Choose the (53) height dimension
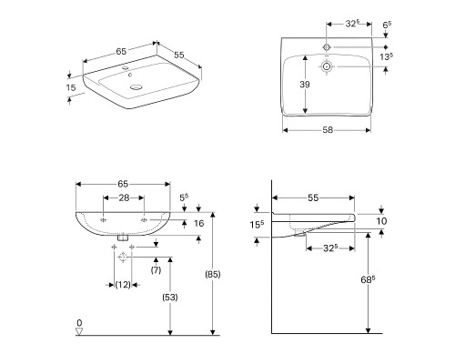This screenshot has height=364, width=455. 170,298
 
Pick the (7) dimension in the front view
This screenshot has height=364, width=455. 155,271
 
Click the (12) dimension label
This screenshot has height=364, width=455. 121,286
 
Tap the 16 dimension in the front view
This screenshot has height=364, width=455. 200,223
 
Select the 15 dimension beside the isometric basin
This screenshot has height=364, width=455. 71,88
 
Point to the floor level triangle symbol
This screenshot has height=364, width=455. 79,332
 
